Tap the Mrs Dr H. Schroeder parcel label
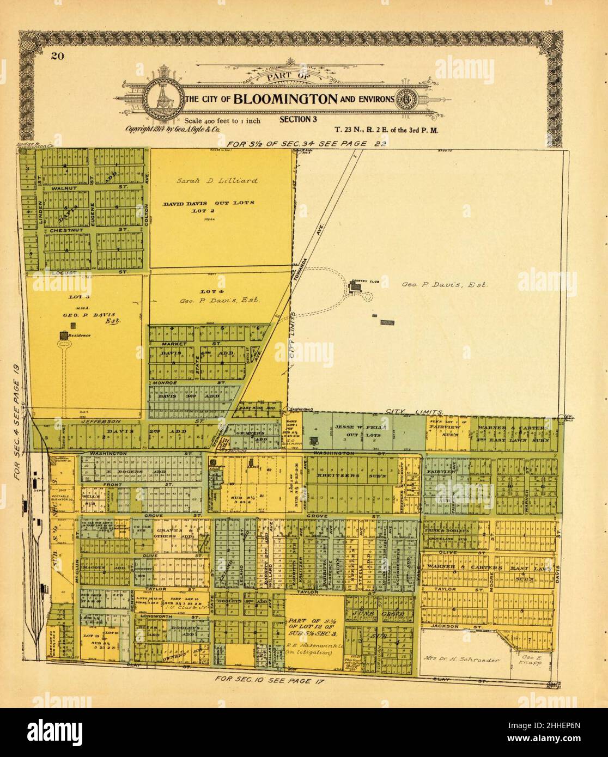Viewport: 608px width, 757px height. [x=461, y=660]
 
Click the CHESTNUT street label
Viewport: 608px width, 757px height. [x=65, y=230]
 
